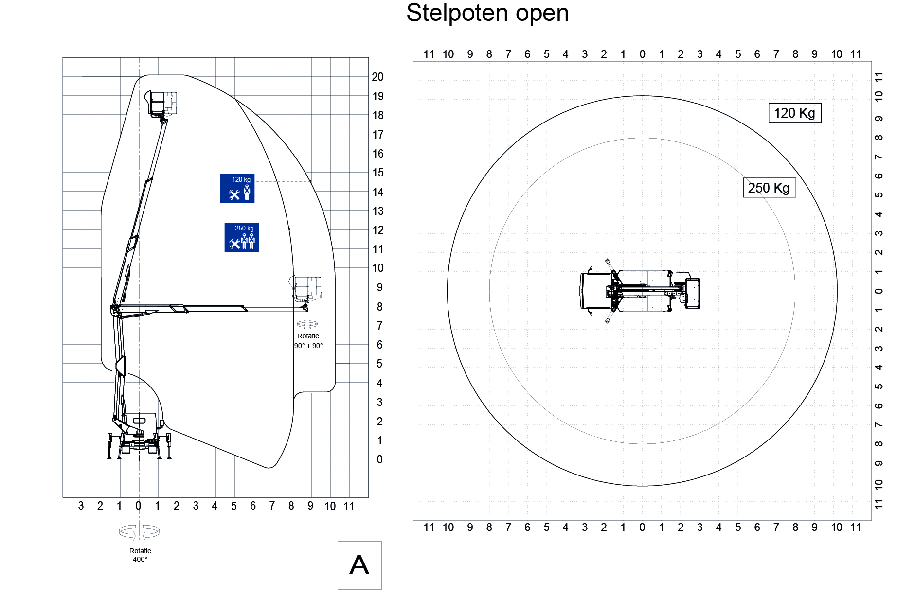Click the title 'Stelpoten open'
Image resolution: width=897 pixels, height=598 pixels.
(487, 13)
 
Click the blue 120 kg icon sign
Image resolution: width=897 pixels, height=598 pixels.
(237, 188)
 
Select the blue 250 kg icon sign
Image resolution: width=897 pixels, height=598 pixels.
(242, 237)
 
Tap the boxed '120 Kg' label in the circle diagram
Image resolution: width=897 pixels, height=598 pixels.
(795, 113)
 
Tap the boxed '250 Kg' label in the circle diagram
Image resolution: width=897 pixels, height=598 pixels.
(769, 188)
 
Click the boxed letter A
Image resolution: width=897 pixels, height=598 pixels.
(359, 565)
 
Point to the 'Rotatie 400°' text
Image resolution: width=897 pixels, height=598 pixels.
(140, 555)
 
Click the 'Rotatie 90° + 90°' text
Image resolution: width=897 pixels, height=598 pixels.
(308, 341)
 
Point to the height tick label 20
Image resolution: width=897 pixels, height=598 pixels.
(377, 77)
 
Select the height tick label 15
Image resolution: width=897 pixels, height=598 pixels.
(378, 173)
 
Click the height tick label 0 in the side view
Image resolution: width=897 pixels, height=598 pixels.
(380, 459)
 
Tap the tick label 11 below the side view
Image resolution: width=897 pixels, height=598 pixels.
(349, 506)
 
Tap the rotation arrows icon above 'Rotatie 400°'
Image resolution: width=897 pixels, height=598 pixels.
(140, 532)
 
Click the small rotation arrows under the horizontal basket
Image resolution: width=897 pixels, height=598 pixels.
(307, 324)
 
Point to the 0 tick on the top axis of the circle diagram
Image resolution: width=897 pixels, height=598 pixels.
(643, 54)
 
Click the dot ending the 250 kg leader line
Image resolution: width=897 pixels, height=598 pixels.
(289, 229)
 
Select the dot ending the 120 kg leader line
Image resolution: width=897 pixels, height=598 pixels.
(310, 181)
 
